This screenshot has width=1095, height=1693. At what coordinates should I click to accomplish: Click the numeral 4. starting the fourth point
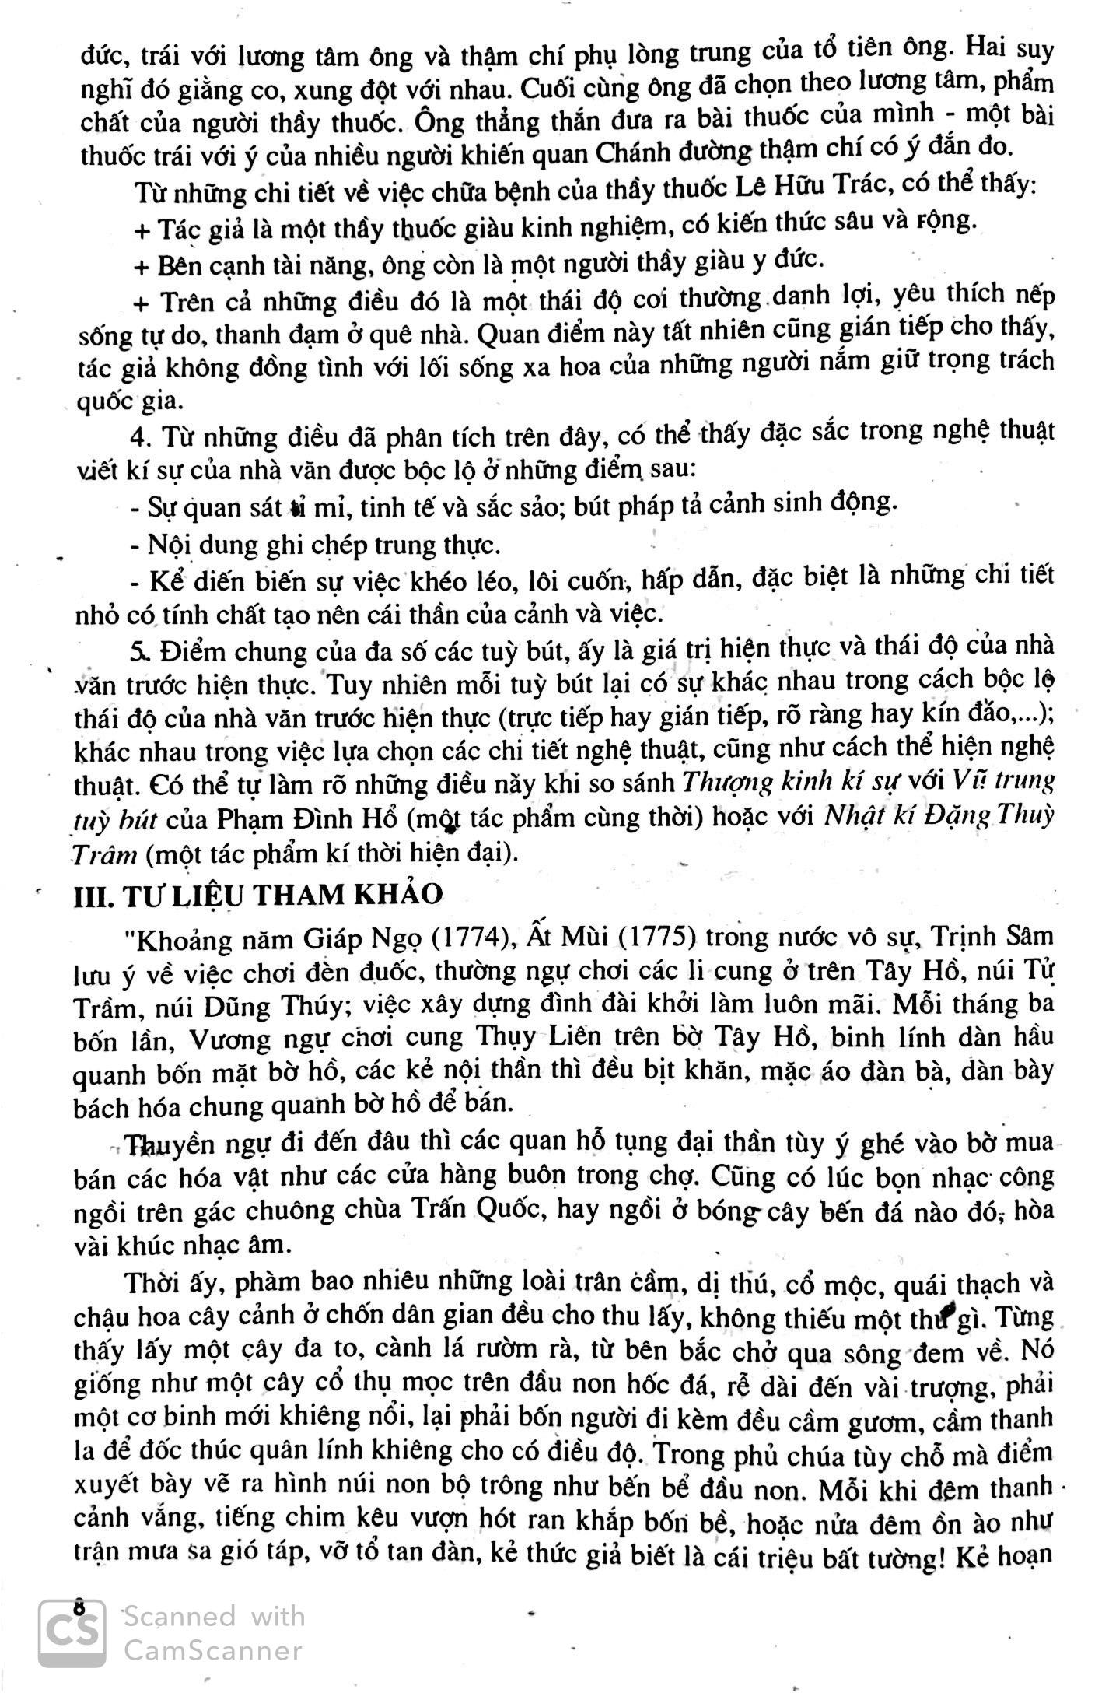coord(142,437)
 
